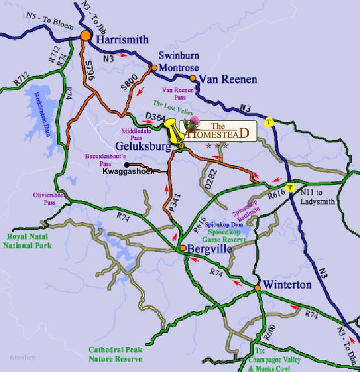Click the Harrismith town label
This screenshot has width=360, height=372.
coord(122,39)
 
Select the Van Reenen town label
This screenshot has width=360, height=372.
coord(228,80)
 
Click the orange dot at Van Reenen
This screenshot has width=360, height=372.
coord(193,78)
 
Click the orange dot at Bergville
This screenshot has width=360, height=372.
coord(183,247)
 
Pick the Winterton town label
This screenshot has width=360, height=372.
coord(287,285)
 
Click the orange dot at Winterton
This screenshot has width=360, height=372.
coord(258,288)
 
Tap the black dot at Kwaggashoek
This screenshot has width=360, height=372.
coord(126,164)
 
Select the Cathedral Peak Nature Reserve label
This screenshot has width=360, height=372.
coord(115,354)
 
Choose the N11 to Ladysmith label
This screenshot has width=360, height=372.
coord(317,197)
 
